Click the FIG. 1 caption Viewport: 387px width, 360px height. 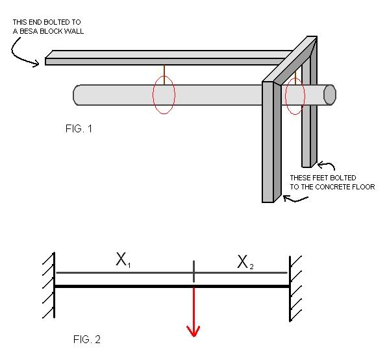(79, 128)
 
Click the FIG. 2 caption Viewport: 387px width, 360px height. (87, 339)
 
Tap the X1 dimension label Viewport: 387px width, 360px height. (123, 260)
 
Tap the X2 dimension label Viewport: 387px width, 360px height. (245, 262)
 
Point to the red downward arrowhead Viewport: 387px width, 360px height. (193, 331)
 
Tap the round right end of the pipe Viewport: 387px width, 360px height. (329, 95)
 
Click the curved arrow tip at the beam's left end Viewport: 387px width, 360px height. (38, 64)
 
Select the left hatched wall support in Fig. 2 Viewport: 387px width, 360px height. (49, 285)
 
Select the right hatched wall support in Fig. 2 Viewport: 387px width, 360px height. (295, 289)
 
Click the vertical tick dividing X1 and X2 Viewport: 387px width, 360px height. (193, 271)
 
